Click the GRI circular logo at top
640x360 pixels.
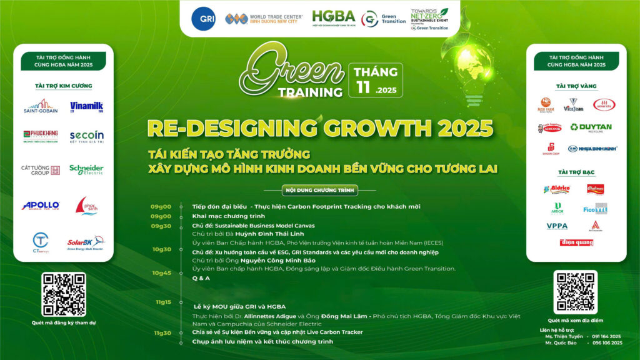pyautogui.click(x=204, y=18)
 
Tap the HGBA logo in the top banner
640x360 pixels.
pyautogui.click(x=333, y=18)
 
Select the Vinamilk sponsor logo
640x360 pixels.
pyautogui.click(x=86, y=107)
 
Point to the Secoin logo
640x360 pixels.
pyautogui.click(x=86, y=137)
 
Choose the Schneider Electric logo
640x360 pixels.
pyautogui.click(x=86, y=169)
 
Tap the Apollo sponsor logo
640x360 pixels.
pyautogui.click(x=41, y=205)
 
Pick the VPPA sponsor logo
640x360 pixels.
pyautogui.click(x=557, y=226)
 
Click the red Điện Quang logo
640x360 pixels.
pyautogui.click(x=576, y=242)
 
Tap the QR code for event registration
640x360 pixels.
pyautogui.click(x=64, y=294)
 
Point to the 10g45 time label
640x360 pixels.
pyautogui.click(x=162, y=273)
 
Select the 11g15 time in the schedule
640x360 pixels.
pyautogui.click(x=164, y=302)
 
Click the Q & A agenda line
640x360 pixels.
pyautogui.click(x=201, y=277)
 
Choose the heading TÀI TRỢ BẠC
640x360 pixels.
pyautogui.click(x=576, y=172)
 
